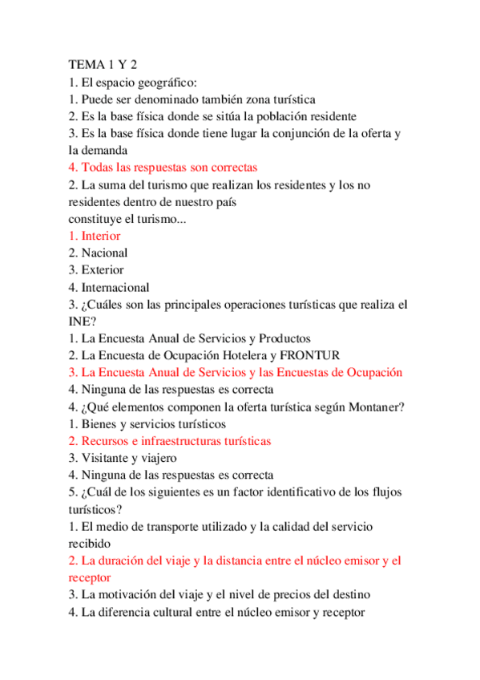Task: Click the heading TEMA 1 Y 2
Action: pyautogui.click(x=103, y=65)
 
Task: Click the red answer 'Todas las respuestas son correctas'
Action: pyautogui.click(x=163, y=168)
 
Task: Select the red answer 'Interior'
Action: pyautogui.click(x=95, y=236)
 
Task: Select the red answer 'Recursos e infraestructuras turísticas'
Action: pyautogui.click(x=169, y=441)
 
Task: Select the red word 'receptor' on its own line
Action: pyautogui.click(x=90, y=577)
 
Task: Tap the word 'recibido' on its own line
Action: pyautogui.click(x=90, y=543)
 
